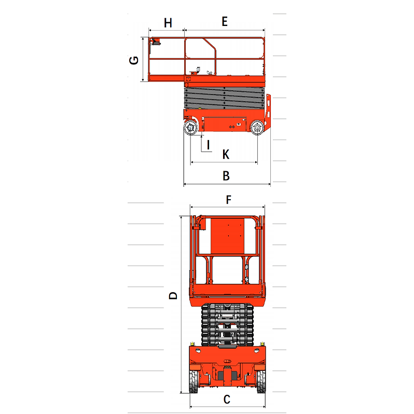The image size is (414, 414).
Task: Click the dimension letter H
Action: pyautogui.click(x=168, y=22)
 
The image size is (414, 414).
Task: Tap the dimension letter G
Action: pyautogui.click(x=134, y=60)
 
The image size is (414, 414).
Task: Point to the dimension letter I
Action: pyautogui.click(x=208, y=145)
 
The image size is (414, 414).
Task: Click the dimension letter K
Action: pyautogui.click(x=226, y=154)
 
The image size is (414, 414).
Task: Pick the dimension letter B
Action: pyautogui.click(x=226, y=176)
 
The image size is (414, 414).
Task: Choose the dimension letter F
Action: pyautogui.click(x=228, y=200)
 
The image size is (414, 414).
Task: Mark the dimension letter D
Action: pyautogui.click(x=174, y=296)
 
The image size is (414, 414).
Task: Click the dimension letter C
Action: pyautogui.click(x=227, y=399)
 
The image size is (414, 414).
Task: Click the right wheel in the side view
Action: pyautogui.click(x=256, y=128)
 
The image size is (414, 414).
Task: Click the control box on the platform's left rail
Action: pyautogui.click(x=155, y=44)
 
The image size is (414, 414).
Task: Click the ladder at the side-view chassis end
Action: pyautogui.click(x=269, y=112)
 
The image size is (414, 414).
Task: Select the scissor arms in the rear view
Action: pyautogui.click(x=227, y=324)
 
